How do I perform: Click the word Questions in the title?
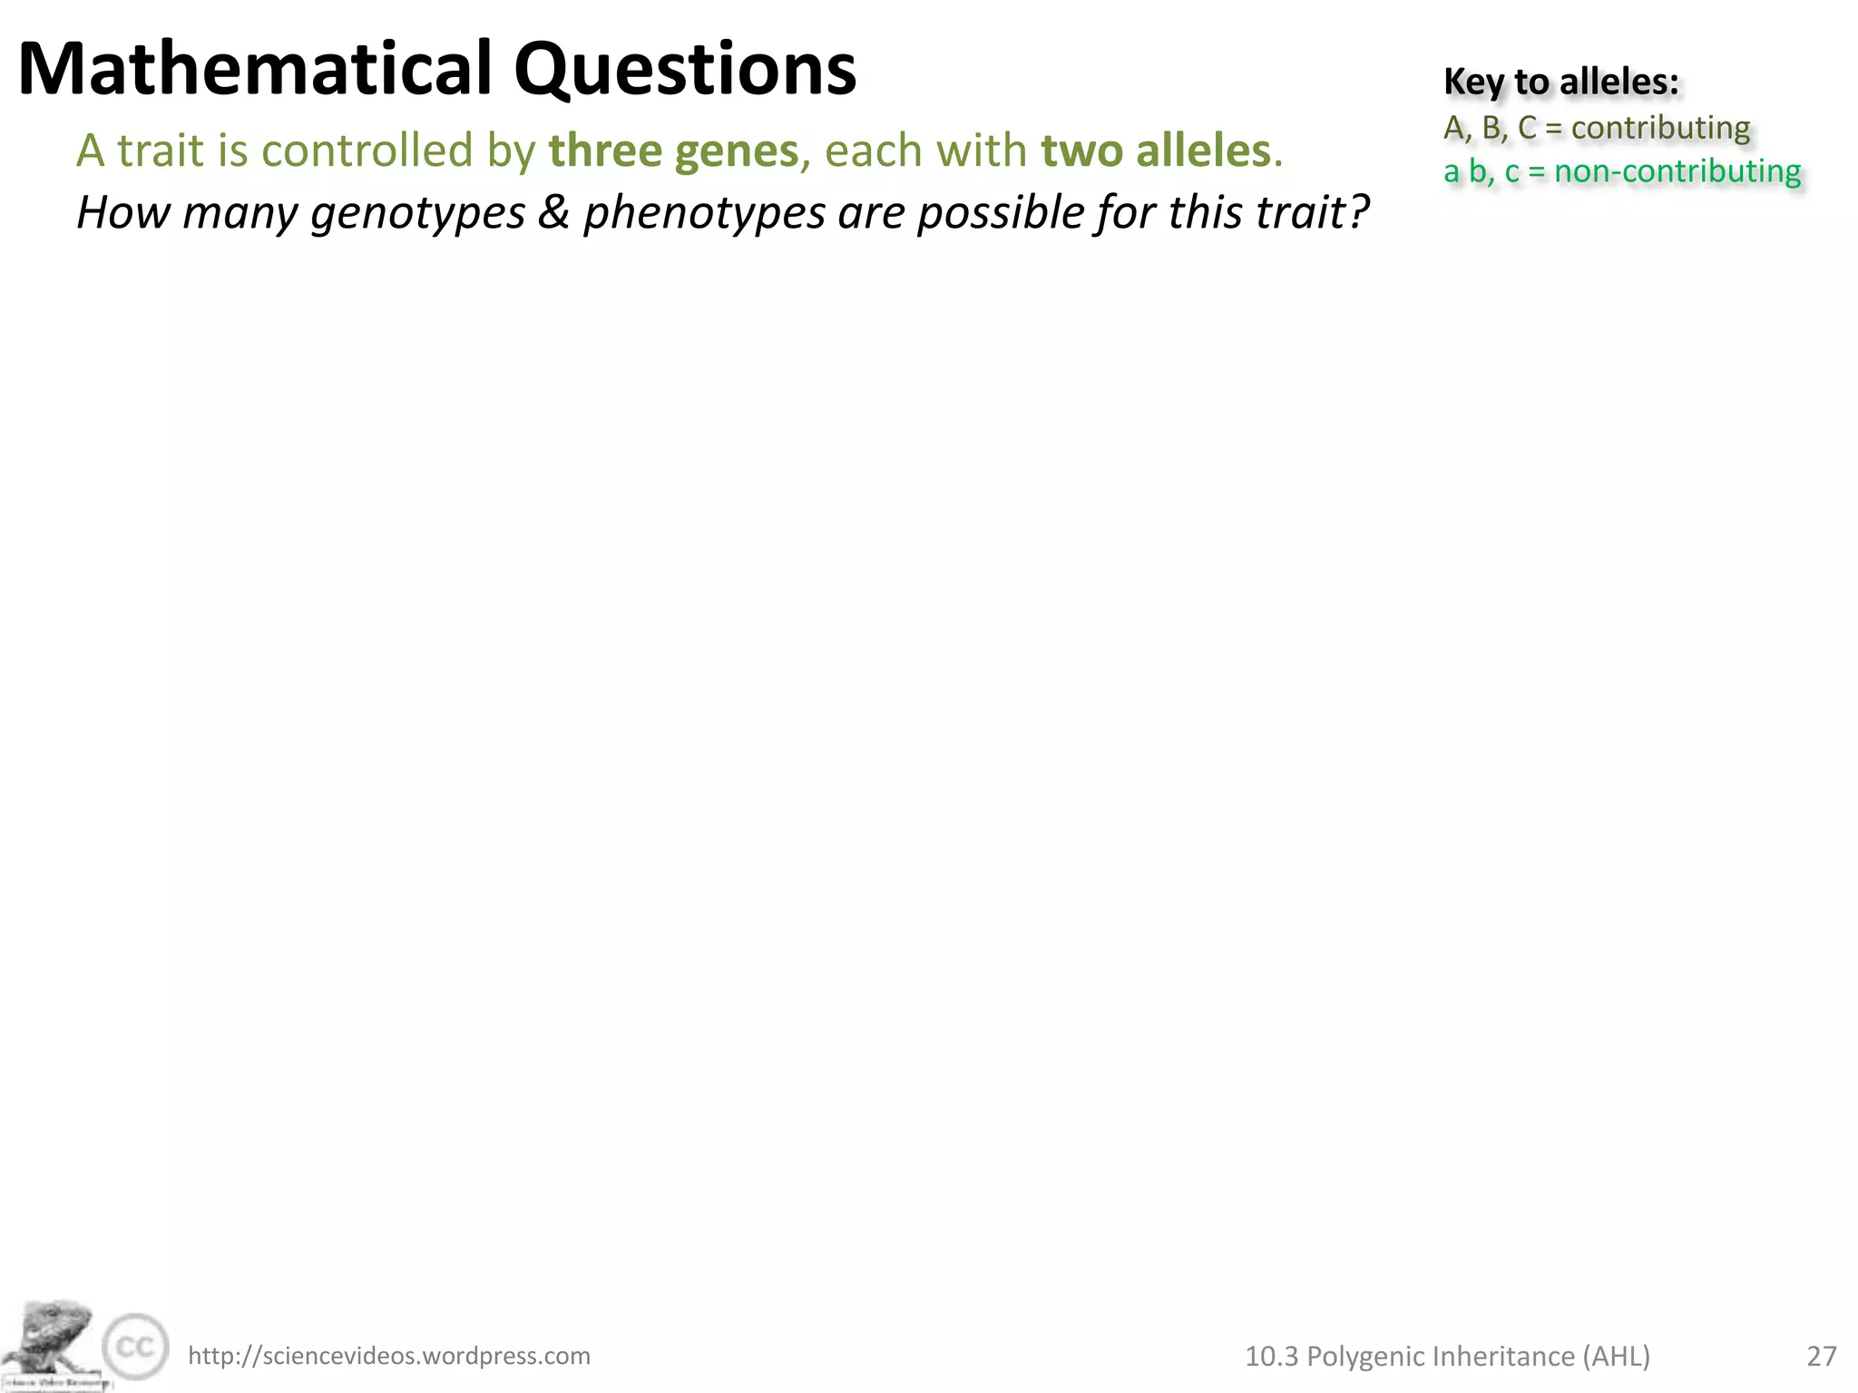(x=685, y=71)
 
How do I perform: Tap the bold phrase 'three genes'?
(x=673, y=151)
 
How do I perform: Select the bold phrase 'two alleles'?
(x=1155, y=151)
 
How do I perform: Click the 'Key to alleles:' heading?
(x=1560, y=82)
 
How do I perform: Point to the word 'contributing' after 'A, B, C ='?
(x=1660, y=128)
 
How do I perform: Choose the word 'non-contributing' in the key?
(x=1677, y=171)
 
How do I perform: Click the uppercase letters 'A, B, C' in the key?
(x=1490, y=128)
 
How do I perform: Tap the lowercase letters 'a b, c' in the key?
(x=1481, y=171)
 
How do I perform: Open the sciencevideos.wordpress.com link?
(x=388, y=1356)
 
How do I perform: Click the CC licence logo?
(x=135, y=1347)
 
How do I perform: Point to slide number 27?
(x=1822, y=1356)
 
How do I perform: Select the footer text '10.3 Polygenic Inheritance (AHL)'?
(x=1447, y=1356)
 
